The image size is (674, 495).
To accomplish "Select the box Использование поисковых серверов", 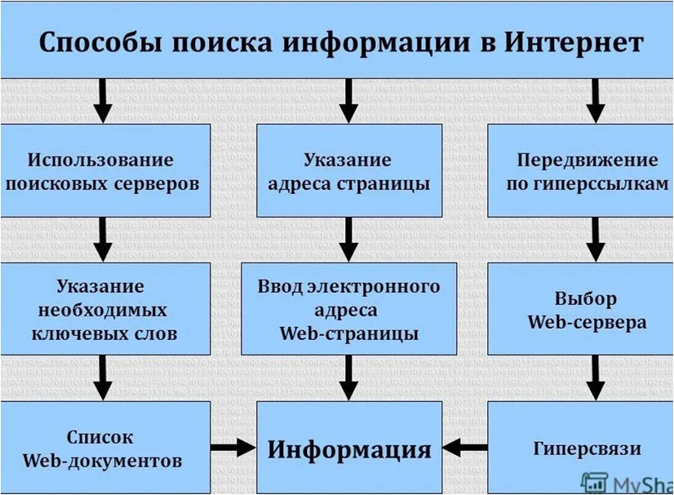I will (x=104, y=170).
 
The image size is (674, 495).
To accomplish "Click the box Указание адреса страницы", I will (x=348, y=170).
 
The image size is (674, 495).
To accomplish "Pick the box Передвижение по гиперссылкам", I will (x=581, y=170).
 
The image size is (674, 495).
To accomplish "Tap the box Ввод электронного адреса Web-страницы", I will (x=348, y=309).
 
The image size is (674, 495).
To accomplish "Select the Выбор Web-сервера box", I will (x=581, y=309).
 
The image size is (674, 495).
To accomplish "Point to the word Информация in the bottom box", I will (x=348, y=449).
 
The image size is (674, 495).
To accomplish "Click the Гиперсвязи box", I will (x=581, y=448).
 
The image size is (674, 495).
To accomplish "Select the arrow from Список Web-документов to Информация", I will (x=233, y=447).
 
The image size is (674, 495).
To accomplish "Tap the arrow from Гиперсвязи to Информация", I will (x=466, y=447).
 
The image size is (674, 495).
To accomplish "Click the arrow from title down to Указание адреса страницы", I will (x=348, y=100).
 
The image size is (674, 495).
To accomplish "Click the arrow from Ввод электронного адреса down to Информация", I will (x=348, y=378).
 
